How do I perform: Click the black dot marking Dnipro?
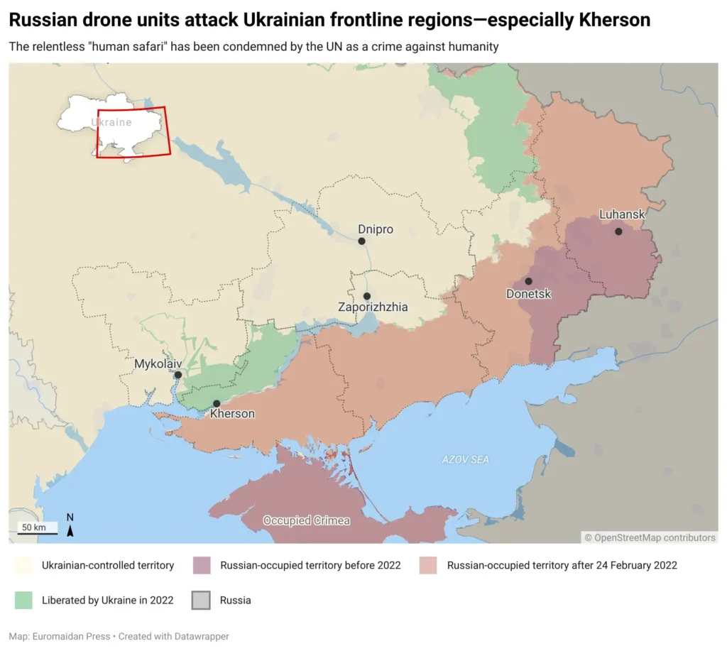click(x=361, y=241)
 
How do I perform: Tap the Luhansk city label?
click(x=622, y=214)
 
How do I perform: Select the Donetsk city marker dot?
click(x=528, y=281)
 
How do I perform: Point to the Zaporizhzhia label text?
click(x=373, y=307)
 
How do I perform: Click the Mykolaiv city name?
click(x=158, y=363)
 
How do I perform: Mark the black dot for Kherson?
click(x=217, y=403)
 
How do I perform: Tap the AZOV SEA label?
click(x=465, y=460)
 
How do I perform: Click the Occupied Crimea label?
click(x=307, y=520)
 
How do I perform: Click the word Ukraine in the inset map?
click(x=111, y=122)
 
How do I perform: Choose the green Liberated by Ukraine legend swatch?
click(x=23, y=601)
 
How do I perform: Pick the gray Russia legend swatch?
click(x=202, y=601)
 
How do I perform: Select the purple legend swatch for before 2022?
click(x=202, y=566)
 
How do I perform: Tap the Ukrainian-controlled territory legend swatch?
click(x=23, y=566)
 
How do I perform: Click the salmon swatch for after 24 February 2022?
click(x=428, y=566)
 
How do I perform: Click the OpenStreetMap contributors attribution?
click(x=650, y=537)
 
